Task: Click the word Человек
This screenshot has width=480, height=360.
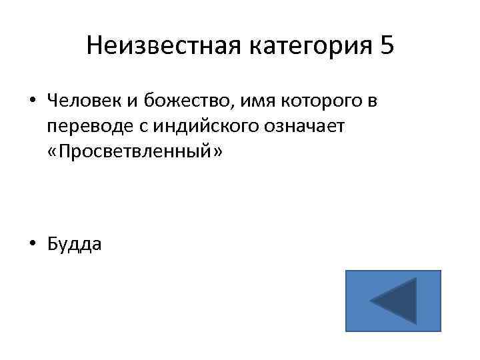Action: click(x=83, y=101)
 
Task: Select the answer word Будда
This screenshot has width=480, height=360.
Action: click(x=75, y=245)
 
